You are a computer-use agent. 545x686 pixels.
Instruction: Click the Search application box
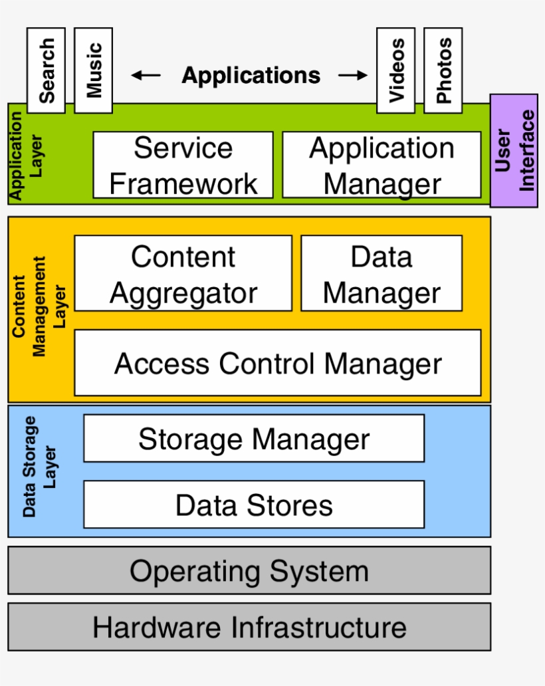(x=46, y=70)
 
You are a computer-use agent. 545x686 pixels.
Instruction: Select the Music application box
(x=93, y=70)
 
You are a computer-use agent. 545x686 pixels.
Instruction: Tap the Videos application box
(x=395, y=70)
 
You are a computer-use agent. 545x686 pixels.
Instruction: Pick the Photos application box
(x=443, y=70)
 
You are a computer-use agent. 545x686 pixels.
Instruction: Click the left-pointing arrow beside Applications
(x=146, y=76)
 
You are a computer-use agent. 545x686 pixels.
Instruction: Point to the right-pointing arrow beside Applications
(x=352, y=76)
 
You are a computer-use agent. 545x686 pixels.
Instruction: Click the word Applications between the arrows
(x=251, y=76)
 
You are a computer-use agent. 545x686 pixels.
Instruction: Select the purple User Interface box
(x=514, y=151)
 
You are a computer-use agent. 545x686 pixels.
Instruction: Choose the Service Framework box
(x=183, y=165)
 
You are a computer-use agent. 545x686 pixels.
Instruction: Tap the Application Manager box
(x=381, y=165)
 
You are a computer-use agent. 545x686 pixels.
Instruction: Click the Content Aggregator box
(x=183, y=273)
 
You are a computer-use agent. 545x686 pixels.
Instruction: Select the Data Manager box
(x=381, y=273)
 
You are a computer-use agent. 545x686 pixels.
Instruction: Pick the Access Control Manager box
(x=277, y=363)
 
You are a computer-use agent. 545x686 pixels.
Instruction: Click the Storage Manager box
(x=253, y=439)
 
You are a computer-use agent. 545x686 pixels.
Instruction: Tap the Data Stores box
(x=253, y=505)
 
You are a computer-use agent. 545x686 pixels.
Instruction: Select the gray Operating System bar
(x=249, y=570)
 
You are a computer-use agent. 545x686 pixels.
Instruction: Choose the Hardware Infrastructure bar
(x=249, y=627)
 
